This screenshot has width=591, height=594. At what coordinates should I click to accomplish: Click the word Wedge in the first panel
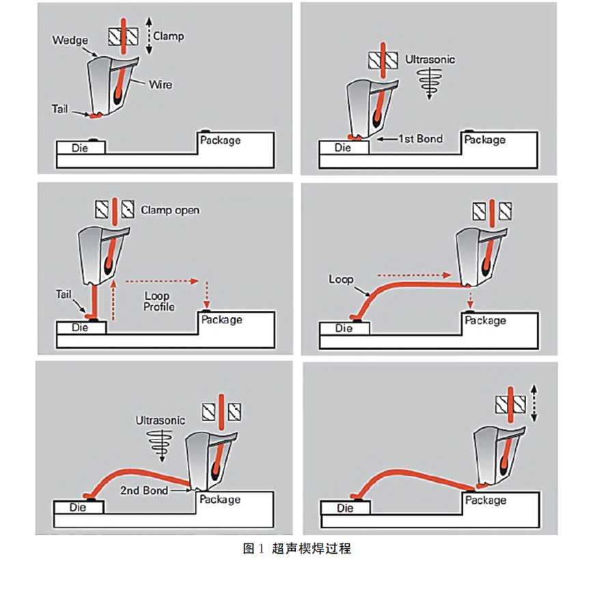click(70, 40)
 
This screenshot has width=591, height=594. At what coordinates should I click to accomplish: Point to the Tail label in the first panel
click(61, 109)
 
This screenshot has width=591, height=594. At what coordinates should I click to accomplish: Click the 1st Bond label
click(420, 139)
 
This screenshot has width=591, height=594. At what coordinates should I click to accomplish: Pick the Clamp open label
click(170, 210)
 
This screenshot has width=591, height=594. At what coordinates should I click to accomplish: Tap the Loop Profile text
click(159, 301)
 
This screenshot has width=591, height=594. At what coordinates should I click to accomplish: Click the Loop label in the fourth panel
click(341, 279)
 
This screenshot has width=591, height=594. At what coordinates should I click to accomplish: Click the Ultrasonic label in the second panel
click(430, 59)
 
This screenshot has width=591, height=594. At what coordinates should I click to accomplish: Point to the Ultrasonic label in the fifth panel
click(161, 420)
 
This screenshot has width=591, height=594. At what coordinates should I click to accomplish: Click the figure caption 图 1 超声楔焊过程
click(297, 548)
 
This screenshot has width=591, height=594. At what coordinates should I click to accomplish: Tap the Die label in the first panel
click(80, 148)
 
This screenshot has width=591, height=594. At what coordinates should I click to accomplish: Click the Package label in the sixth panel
click(486, 500)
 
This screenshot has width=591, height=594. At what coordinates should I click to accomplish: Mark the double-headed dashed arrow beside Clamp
click(148, 35)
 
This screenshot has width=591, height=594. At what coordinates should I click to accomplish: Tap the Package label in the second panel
click(485, 139)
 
